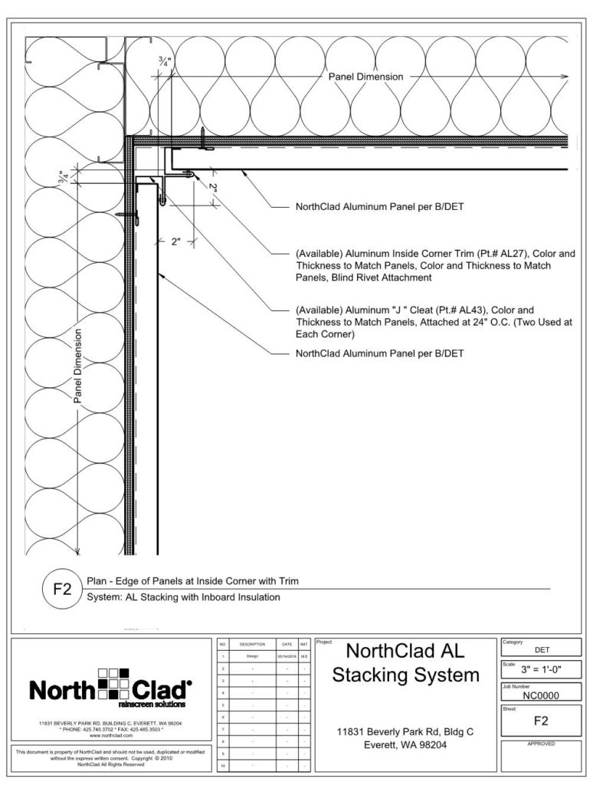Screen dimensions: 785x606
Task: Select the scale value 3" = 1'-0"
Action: point(541,670)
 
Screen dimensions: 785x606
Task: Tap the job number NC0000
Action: point(541,696)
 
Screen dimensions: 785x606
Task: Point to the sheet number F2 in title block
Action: point(540,720)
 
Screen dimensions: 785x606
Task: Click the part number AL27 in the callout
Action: point(511,252)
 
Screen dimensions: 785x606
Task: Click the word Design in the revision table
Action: point(252,657)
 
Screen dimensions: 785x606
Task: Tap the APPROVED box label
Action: point(540,744)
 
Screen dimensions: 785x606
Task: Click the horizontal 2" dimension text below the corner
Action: point(175,241)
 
